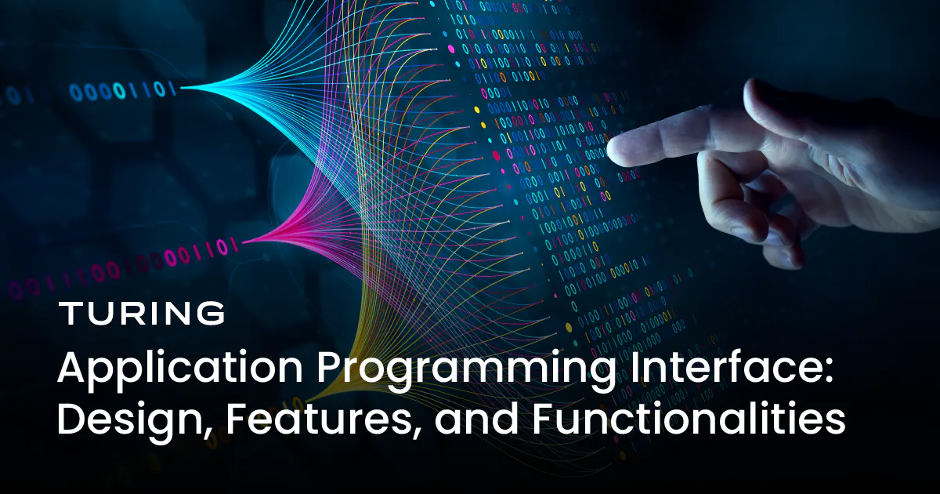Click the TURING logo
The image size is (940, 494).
coord(142,314)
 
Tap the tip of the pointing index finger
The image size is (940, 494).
coord(613,151)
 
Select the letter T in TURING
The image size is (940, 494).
coord(70,314)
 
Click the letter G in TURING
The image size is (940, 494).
coord(210,314)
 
